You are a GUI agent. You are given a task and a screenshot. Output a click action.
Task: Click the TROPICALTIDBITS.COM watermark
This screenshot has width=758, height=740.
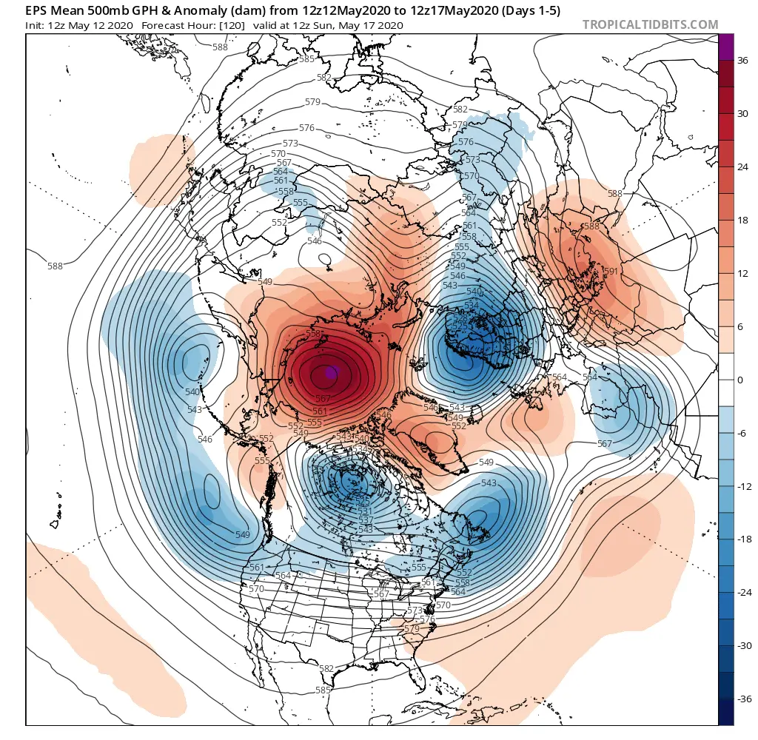tap(650, 24)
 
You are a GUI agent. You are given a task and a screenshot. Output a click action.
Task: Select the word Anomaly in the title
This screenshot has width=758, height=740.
tap(173, 10)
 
